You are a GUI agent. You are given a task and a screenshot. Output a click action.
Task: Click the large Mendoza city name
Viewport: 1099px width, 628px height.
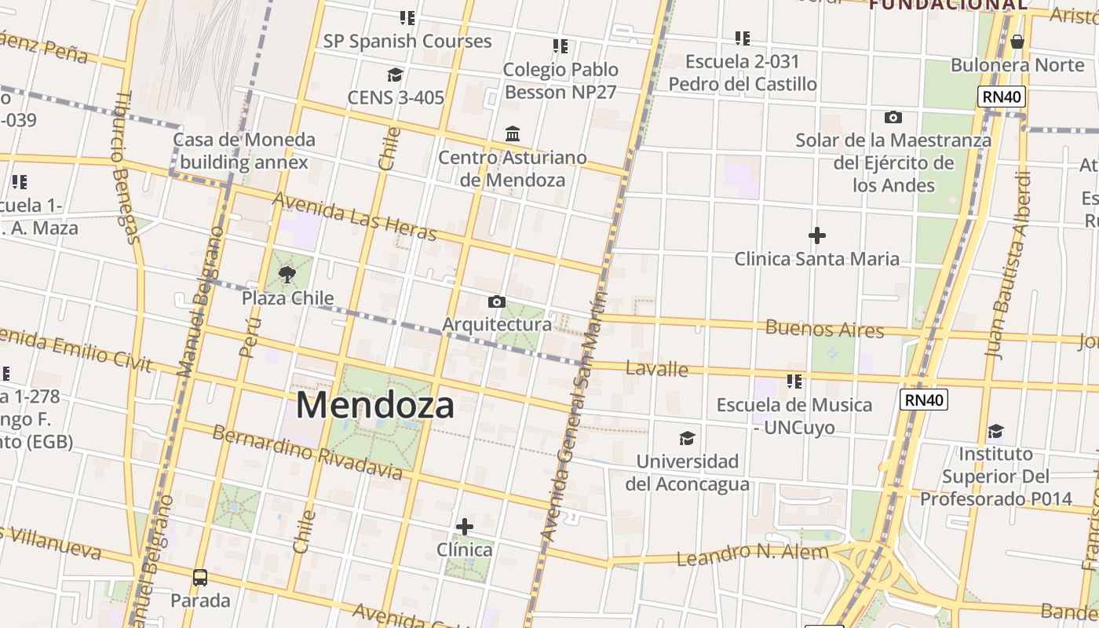pos(375,406)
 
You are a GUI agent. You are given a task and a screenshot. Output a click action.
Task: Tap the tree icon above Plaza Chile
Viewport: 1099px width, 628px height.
pos(287,275)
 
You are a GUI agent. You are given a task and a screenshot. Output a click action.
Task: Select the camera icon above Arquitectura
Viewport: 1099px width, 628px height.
pos(496,301)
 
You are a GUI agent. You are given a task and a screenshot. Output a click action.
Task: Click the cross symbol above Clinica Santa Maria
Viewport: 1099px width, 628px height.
pos(816,235)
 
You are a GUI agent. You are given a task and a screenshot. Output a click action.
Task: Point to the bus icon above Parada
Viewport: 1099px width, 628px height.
pos(200,578)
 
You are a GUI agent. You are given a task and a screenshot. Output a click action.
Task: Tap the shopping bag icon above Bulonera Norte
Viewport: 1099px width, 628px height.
pos(1017,42)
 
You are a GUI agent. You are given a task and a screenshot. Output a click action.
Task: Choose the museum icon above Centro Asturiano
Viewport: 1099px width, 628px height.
pos(513,134)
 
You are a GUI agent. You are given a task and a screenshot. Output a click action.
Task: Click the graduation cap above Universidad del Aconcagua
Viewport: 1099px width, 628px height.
pos(687,438)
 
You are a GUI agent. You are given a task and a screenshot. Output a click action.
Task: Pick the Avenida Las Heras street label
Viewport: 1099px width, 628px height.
pos(354,216)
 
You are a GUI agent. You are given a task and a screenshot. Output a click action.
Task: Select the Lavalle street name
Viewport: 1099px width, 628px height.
pos(657,368)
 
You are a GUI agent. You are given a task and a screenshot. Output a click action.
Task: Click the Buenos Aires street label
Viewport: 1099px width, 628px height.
pos(824,328)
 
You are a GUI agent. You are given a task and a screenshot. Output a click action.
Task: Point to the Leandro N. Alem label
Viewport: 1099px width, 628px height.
pos(752,554)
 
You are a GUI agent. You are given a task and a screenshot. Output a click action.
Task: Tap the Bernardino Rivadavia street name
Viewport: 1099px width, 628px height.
pos(307,452)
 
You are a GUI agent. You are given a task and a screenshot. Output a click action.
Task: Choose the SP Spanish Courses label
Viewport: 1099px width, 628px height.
pos(407,41)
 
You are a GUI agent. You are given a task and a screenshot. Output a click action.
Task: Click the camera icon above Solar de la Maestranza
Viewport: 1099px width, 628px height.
pos(893,118)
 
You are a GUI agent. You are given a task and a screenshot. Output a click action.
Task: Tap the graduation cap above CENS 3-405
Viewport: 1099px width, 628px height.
pos(395,75)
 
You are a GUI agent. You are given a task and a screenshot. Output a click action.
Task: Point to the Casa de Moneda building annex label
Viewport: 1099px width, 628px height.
pos(244,151)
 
